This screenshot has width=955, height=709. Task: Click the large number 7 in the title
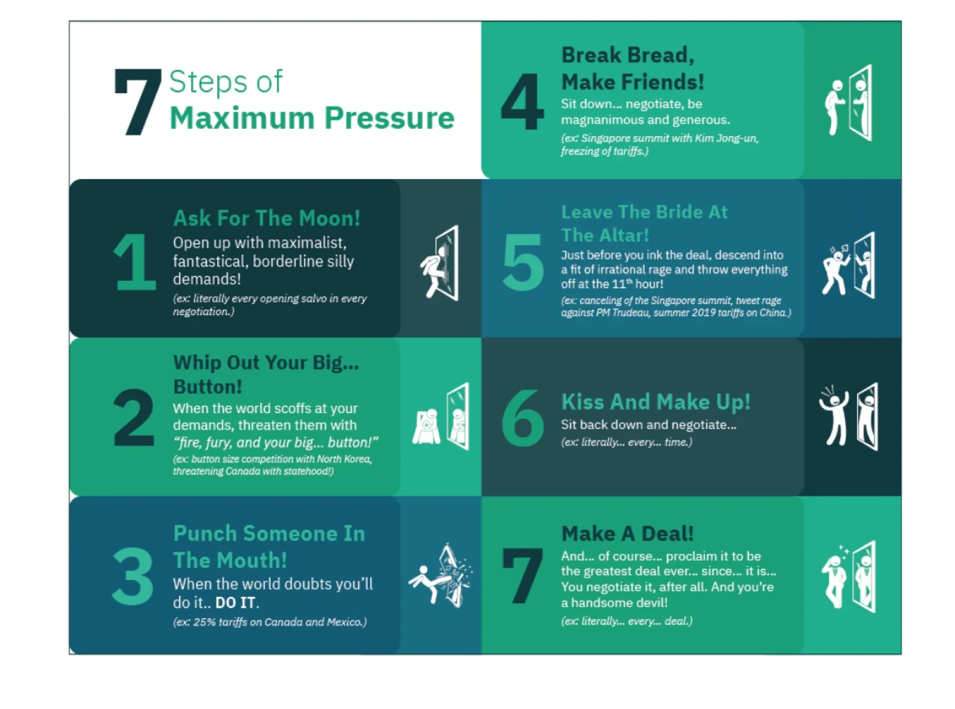coord(137,102)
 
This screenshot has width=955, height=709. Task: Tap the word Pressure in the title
coord(389,118)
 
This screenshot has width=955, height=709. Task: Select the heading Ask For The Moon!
coord(267,218)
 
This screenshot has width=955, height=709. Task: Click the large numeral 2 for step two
coord(134,418)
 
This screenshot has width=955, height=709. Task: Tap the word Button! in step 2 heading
coord(208,387)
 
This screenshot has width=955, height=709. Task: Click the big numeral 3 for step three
coord(133,576)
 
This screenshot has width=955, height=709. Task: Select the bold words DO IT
coord(236,603)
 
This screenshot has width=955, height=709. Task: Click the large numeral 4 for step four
coord(522,101)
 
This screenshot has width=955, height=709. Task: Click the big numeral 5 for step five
coord(523,262)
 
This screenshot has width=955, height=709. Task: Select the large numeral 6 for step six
coord(523,418)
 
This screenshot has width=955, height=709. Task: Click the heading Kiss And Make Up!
coord(656,402)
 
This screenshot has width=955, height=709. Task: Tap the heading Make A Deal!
coord(627,534)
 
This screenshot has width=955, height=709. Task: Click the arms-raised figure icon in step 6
coord(833,416)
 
